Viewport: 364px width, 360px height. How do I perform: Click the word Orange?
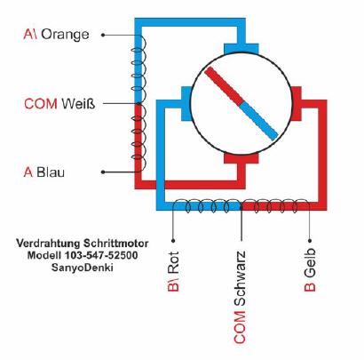click(65, 35)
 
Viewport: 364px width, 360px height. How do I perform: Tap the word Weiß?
click(78, 104)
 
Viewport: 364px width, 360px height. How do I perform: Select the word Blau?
click(51, 172)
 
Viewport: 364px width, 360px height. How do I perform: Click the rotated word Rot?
click(173, 262)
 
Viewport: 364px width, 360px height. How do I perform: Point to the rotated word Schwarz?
click(240, 278)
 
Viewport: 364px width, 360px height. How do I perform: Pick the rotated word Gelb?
click(310, 263)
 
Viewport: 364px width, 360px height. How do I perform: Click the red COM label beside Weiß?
click(41, 104)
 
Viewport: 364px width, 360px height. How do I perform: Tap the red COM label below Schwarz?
click(240, 327)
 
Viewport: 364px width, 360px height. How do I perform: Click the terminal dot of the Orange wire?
click(103, 35)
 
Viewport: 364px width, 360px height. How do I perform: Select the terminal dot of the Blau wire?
click(103, 172)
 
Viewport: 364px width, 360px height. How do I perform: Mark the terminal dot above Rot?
click(173, 241)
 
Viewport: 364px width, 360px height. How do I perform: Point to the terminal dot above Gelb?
click(310, 241)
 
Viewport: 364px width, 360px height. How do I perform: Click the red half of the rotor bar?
click(224, 86)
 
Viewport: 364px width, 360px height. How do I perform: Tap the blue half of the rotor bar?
click(258, 121)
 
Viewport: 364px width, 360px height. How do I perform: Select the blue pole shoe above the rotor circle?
click(241, 49)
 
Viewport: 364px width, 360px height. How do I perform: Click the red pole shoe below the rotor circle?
click(241, 158)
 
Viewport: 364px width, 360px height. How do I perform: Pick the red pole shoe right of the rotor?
click(296, 104)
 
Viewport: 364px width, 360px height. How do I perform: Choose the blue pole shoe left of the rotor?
click(186, 104)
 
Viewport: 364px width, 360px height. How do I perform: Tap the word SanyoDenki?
click(83, 268)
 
